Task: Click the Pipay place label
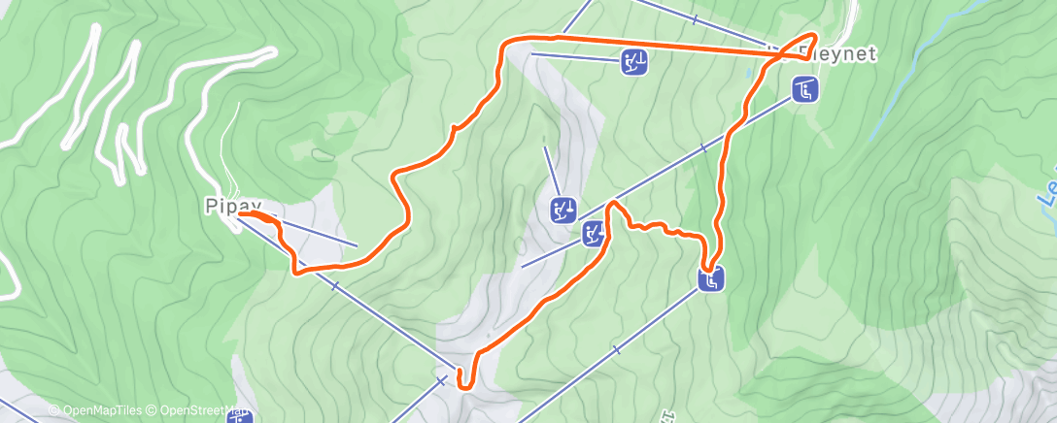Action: [233, 206]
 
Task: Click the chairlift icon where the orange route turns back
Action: [711, 280]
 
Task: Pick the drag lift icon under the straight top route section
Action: [634, 63]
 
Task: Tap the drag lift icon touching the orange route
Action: [594, 233]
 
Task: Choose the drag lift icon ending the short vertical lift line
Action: [563, 209]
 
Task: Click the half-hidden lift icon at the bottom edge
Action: [240, 416]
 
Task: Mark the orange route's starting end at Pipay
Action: [255, 213]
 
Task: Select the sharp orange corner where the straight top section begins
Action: [505, 44]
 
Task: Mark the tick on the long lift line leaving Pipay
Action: [334, 286]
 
